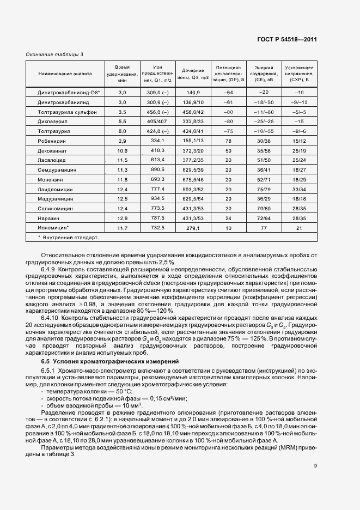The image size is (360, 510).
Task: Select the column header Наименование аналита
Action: (65, 72)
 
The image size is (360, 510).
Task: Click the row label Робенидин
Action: (50, 140)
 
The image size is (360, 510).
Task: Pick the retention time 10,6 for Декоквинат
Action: (122, 150)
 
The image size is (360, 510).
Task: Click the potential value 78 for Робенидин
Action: (229, 140)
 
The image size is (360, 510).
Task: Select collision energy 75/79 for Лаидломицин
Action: (264, 189)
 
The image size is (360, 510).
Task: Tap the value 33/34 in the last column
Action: (299, 189)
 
